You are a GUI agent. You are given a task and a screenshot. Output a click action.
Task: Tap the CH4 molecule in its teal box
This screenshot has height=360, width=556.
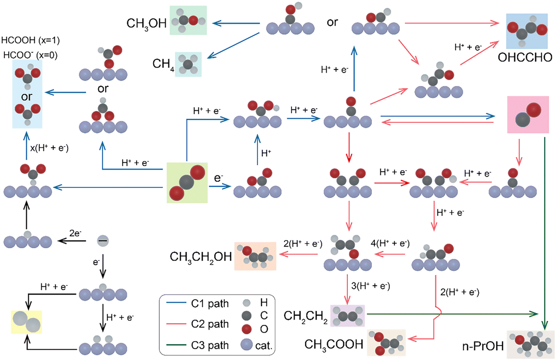(188, 65)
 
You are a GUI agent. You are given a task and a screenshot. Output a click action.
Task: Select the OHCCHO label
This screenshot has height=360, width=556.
(525, 57)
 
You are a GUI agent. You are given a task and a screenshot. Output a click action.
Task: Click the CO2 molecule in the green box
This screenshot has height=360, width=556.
(187, 183)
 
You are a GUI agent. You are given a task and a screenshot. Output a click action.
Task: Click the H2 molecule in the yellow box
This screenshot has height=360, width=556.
(27, 322)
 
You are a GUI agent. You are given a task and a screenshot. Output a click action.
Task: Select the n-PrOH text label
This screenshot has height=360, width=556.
(483, 346)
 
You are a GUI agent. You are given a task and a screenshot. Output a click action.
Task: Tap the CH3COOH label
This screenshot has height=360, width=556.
(334, 345)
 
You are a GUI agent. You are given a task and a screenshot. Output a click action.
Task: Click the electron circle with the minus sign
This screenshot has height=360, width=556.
(103, 241)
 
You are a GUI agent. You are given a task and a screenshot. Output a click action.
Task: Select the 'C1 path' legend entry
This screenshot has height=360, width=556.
(198, 303)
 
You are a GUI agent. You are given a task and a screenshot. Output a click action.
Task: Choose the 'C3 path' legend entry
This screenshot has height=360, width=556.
(198, 345)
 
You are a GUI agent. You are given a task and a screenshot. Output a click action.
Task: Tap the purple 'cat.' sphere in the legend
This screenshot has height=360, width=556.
(247, 345)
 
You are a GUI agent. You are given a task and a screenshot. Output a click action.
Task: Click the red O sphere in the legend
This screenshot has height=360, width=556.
(247, 329)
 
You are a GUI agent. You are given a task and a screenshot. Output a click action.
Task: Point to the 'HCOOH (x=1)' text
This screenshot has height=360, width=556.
(30, 40)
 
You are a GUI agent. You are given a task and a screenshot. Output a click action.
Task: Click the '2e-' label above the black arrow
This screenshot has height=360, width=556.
(75, 233)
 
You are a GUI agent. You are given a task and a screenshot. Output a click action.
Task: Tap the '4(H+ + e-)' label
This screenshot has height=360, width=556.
(390, 243)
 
